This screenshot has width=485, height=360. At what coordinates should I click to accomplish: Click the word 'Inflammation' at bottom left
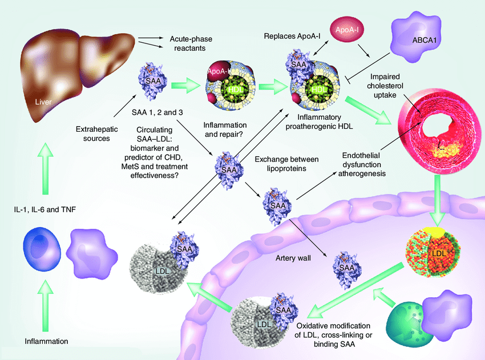[46, 341]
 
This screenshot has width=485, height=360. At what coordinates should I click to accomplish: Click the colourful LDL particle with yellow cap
[437, 250]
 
